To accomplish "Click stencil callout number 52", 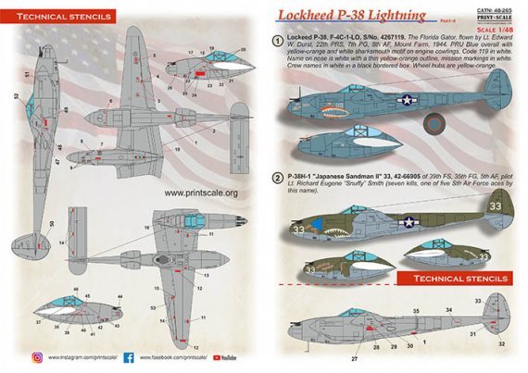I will (x=17, y=95).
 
